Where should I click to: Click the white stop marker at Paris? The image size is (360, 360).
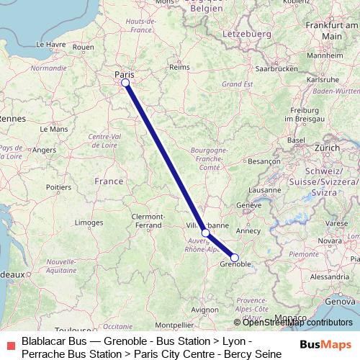point(125,83)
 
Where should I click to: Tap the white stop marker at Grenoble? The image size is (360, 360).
point(235,258)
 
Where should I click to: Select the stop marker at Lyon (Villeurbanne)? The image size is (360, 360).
point(206,233)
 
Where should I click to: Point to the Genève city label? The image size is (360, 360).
point(248,205)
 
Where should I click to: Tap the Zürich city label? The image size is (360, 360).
point(327,147)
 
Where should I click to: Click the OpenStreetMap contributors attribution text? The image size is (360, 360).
point(297,323)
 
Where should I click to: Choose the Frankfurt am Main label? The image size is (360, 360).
point(332,30)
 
